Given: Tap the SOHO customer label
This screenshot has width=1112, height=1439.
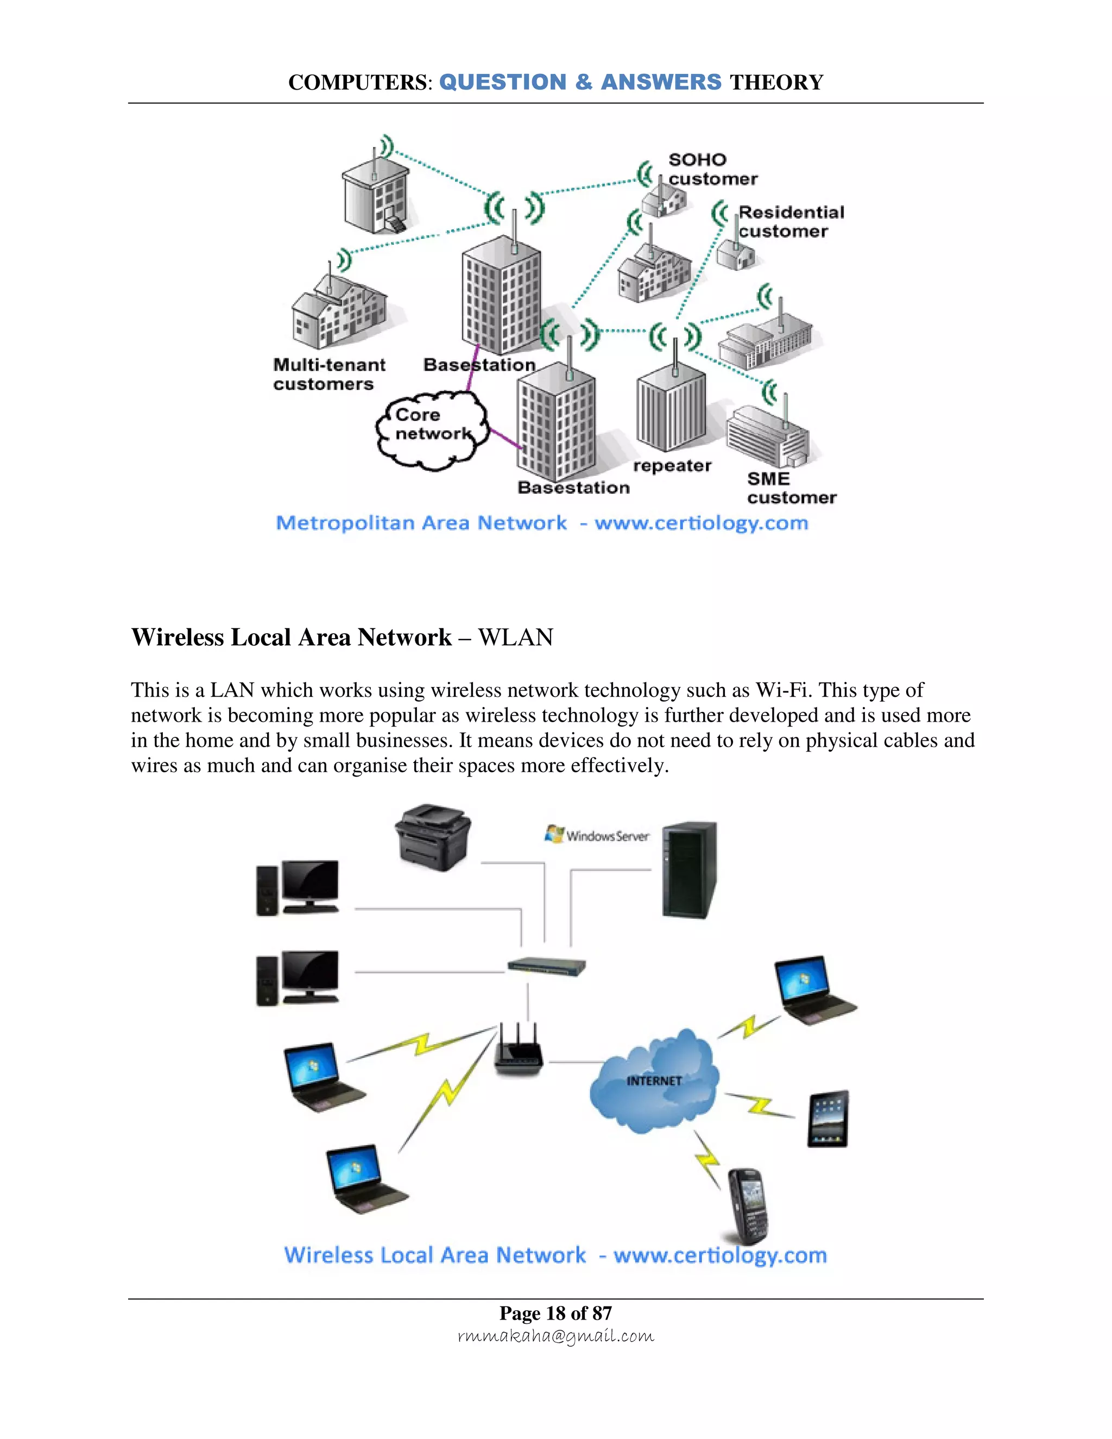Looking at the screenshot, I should (711, 169).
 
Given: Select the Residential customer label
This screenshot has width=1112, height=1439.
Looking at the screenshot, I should (790, 222).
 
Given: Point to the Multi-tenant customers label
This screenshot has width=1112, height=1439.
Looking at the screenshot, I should (328, 374).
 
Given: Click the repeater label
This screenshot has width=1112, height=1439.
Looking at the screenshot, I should (672, 466).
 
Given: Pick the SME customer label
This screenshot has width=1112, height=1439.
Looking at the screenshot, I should (791, 488).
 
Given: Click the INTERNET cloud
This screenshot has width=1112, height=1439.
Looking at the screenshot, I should (654, 1081).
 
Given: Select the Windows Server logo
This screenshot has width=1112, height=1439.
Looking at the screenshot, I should (597, 835).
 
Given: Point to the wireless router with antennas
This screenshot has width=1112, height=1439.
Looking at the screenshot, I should (519, 1050).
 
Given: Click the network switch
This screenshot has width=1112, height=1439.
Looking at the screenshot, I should (546, 967).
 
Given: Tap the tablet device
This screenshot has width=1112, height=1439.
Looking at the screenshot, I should (828, 1119).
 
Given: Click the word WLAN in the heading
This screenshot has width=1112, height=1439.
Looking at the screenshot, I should (515, 637).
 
